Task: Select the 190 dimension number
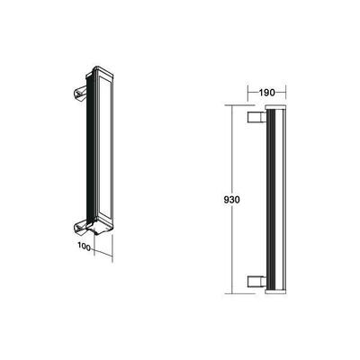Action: (x=266, y=91)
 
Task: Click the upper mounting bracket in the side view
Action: (x=255, y=118)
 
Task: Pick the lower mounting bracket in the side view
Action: (x=255, y=278)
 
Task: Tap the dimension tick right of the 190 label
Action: (x=285, y=91)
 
